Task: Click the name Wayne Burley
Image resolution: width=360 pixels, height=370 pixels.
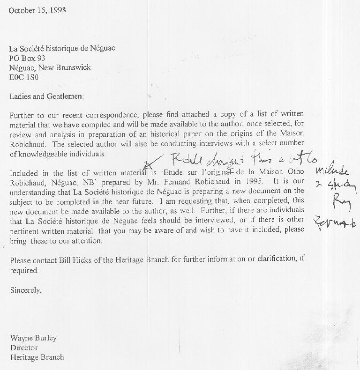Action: pyautogui.click(x=33, y=338)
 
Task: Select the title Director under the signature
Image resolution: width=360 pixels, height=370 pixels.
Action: pyautogui.click(x=24, y=348)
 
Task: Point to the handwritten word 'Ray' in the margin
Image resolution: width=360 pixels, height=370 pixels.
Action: pyautogui.click(x=338, y=204)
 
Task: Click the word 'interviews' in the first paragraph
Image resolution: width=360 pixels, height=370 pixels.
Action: pyautogui.click(x=198, y=143)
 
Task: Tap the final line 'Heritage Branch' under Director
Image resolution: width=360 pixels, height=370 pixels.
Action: pyautogui.click(x=37, y=357)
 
